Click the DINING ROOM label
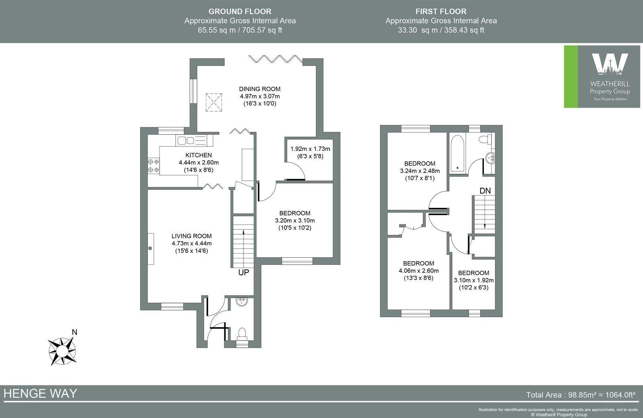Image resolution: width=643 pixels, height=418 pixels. coord(260,89)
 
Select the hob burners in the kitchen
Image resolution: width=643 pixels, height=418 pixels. coord(154,166)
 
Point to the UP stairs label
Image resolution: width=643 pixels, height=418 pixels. coord(244,273)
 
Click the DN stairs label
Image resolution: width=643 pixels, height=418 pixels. coord(485,191)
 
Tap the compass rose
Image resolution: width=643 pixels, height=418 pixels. coord(62,351)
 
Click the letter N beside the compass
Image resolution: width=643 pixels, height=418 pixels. coord(74,332)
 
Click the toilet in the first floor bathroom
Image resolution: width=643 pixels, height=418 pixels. coord(486,139)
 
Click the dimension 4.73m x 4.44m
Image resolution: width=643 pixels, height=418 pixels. coord(191,244)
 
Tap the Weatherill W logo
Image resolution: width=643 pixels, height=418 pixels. coord(609,64)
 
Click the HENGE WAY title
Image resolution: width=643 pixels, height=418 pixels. coord(40,393)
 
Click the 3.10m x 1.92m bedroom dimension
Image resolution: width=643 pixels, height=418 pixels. coord(473,280)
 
